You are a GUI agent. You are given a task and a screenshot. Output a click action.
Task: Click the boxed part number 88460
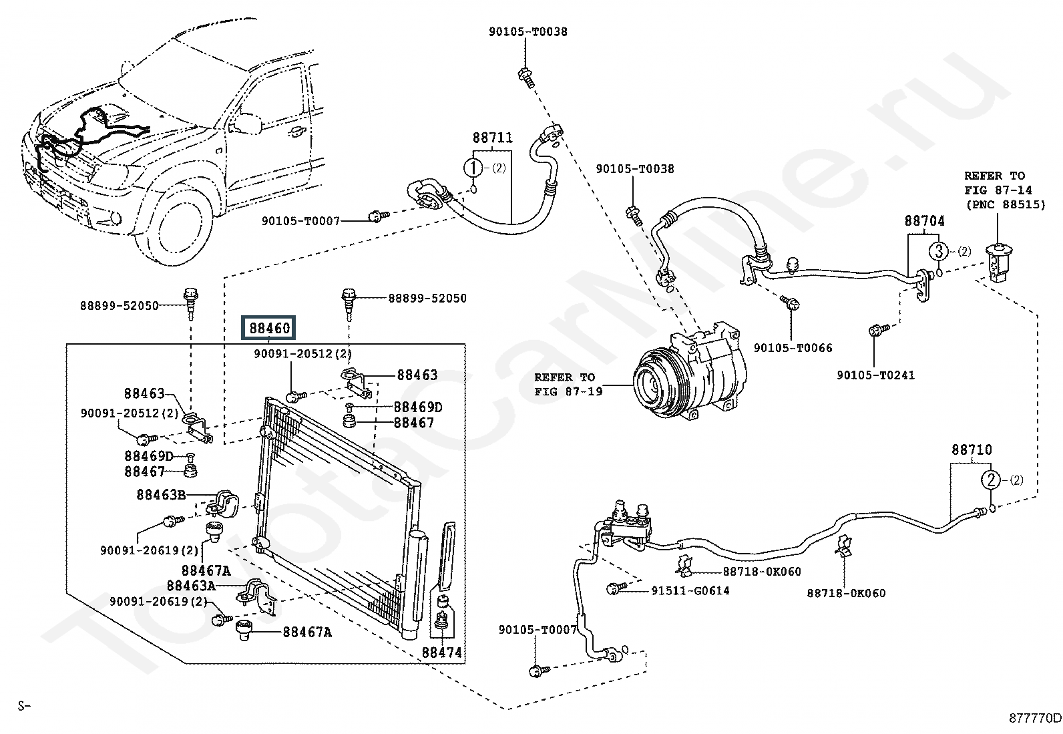tap(270, 329)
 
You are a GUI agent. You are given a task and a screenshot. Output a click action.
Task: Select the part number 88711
tap(493, 138)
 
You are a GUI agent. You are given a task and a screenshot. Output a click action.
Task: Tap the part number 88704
tap(925, 220)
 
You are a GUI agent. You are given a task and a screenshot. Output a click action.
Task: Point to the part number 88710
tap(972, 450)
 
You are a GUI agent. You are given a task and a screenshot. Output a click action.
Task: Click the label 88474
tap(441, 653)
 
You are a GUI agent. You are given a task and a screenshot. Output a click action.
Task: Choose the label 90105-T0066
tap(793, 348)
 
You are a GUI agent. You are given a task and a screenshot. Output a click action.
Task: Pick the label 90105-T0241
tap(875, 375)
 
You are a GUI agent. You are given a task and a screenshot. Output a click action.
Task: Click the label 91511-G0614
tap(690, 590)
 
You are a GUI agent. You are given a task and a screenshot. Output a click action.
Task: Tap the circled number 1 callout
tap(473, 168)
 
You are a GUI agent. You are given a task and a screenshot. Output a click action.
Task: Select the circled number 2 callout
tap(991, 480)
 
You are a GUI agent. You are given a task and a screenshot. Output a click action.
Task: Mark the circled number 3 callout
tap(939, 252)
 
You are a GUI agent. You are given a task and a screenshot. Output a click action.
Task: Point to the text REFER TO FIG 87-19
tap(564, 384)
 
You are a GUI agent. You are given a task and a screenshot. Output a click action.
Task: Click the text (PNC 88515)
tap(1004, 205)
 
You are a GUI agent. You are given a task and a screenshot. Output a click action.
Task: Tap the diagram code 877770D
tap(1034, 718)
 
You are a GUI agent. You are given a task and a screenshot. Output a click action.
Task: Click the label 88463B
tap(161, 494)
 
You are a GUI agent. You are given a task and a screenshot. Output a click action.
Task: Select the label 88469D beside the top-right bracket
tap(418, 407)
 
